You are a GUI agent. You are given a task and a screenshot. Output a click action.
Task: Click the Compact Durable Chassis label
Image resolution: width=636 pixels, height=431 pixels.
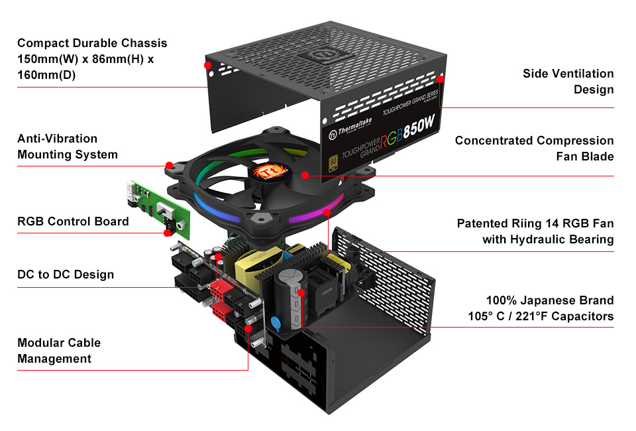coord(92,59)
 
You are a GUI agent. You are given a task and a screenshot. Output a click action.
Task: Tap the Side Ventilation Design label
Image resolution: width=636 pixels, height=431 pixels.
coord(568,81)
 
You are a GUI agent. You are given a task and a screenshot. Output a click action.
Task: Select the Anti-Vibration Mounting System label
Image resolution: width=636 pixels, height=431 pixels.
coord(68,147)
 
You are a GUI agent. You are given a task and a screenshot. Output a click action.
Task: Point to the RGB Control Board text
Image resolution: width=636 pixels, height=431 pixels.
coord(73,221)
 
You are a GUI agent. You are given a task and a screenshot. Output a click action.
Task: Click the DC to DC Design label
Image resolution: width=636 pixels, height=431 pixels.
coord(66,275)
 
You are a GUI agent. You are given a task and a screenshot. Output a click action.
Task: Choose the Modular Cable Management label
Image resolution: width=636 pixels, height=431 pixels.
coord(59,351)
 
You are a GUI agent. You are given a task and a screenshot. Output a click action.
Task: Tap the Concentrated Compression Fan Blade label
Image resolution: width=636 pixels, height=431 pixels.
coord(534,148)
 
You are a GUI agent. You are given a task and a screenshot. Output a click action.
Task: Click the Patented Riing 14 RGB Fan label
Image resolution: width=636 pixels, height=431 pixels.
coord(535,231)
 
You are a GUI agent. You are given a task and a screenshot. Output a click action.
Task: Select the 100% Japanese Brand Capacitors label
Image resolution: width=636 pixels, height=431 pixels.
coord(541,308)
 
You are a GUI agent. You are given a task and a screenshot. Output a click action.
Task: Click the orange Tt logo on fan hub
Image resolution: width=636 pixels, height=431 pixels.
coord(268,172)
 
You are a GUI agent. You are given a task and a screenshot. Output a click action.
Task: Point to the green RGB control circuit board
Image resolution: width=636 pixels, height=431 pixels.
coord(160,209)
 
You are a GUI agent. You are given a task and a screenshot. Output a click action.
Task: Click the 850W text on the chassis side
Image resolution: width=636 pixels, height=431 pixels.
coord(419,127)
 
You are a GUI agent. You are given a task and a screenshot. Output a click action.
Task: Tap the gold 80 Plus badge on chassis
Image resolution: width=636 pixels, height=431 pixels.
coord(333,163)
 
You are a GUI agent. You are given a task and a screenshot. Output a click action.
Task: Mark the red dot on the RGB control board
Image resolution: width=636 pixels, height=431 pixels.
coord(167,233)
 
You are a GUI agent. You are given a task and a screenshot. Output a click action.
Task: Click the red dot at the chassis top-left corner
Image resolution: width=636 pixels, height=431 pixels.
coord(207,66)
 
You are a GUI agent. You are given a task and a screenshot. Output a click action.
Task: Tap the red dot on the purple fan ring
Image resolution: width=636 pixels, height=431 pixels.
coord(327,212)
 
